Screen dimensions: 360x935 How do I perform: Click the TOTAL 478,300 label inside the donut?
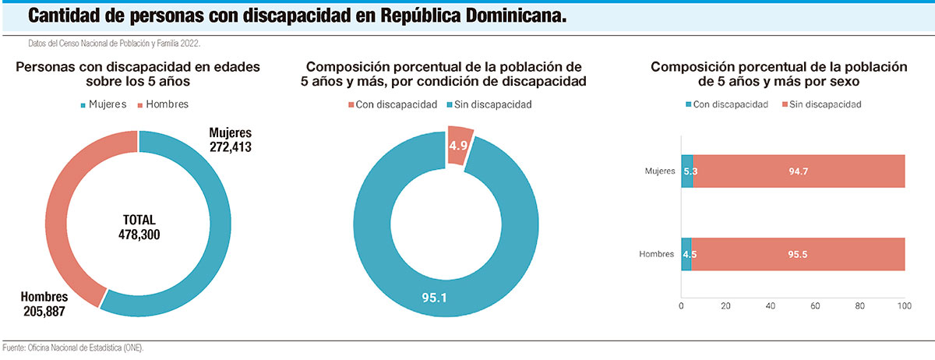[139, 227]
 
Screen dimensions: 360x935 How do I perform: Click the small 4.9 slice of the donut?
[459, 145]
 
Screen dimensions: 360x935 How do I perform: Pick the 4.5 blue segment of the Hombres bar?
[686, 254]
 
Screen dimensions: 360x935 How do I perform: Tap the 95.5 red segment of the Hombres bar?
[798, 254]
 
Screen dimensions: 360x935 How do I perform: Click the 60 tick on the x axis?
[816, 305]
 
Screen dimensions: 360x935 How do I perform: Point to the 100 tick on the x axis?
[905, 305]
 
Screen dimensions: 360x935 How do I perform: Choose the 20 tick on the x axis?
[726, 305]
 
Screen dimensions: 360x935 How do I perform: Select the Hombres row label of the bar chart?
[657, 255]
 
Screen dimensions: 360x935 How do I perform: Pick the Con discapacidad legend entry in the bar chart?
[725, 104]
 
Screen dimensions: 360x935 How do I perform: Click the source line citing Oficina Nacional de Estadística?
[74, 348]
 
